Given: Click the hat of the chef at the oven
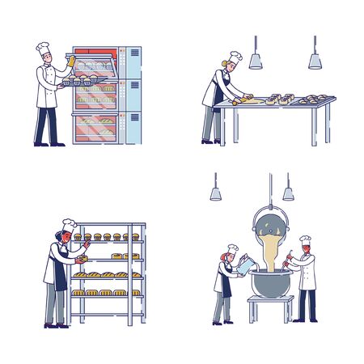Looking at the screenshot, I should (43, 49).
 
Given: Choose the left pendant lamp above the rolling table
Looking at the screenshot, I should (256, 61).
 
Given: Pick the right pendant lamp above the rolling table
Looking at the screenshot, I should (315, 61).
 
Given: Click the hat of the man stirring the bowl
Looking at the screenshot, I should (305, 240).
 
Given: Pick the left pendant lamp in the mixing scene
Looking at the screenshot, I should (216, 193).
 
